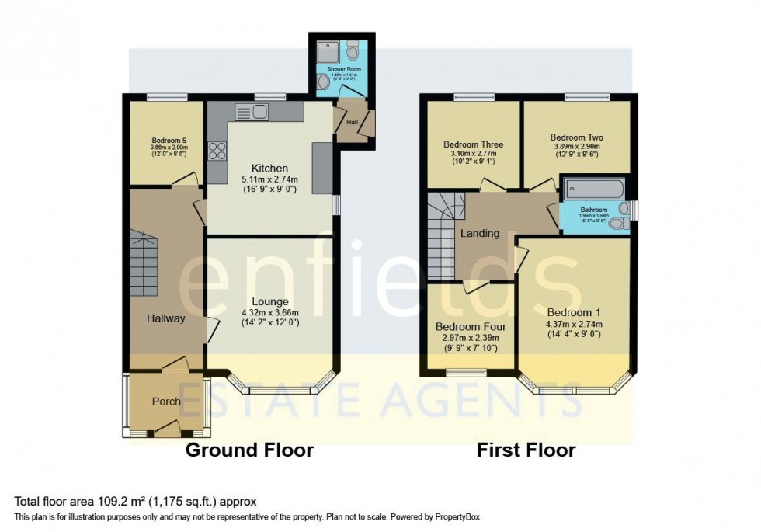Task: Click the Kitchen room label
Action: coord(269,169)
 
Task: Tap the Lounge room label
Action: coord(269,301)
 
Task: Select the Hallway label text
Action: coord(166,318)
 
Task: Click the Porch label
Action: coord(165,402)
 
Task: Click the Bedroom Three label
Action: coord(473,144)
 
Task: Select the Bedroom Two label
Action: coord(576,137)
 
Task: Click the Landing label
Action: coord(479,233)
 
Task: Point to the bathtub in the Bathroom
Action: coord(593,188)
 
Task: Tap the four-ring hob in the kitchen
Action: coord(217,151)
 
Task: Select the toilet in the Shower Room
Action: coord(353,53)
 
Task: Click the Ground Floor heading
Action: coord(249,450)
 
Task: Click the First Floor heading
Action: coord(526,450)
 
